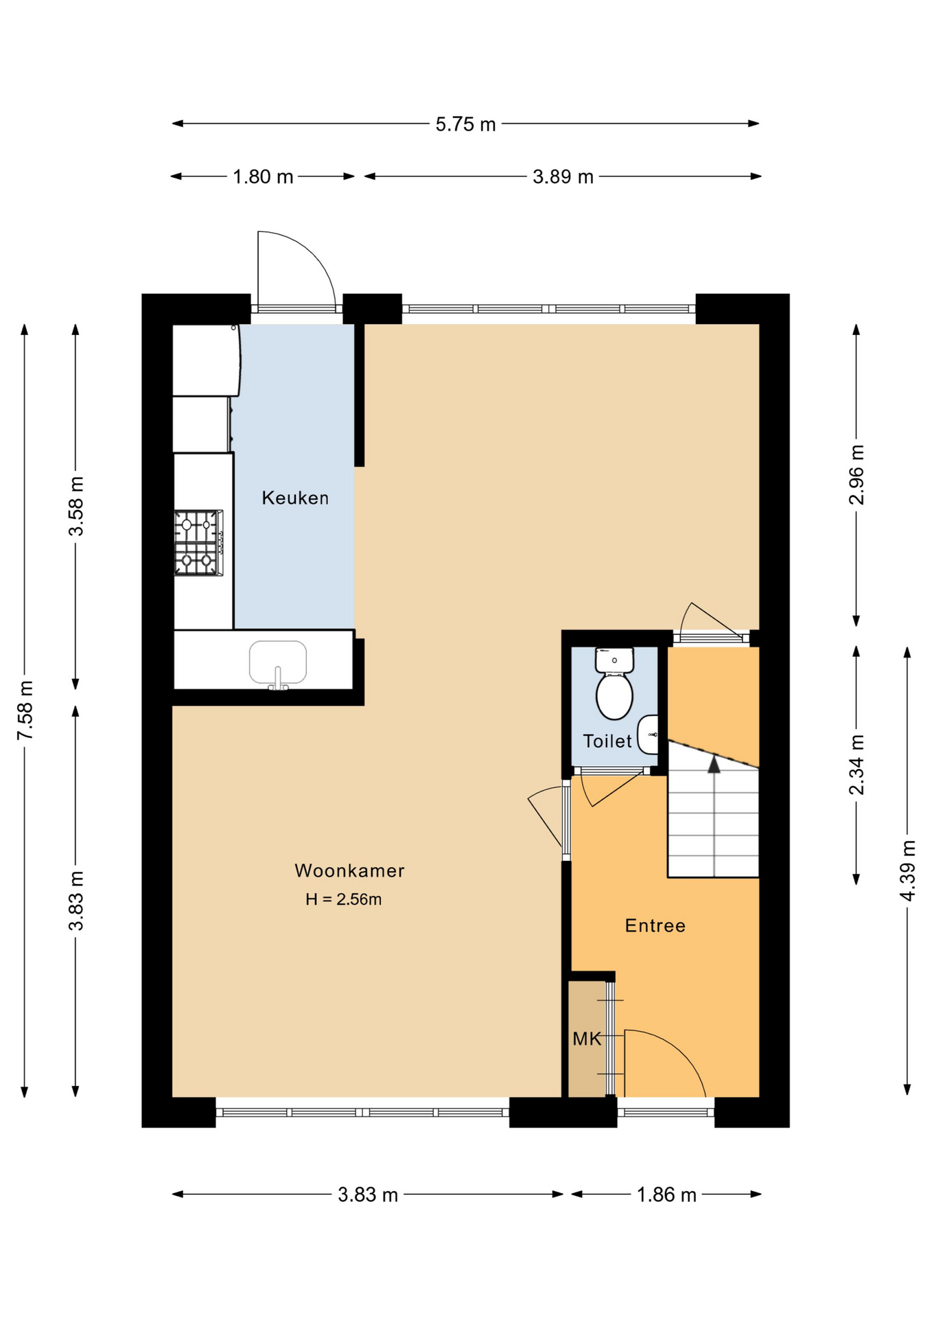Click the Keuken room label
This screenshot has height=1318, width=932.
(295, 498)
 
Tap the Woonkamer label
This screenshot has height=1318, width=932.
(349, 870)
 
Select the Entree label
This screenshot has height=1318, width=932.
(655, 925)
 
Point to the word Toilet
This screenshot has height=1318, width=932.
(607, 741)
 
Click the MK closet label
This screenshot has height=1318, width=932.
(587, 1039)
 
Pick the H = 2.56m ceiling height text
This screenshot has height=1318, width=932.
(343, 899)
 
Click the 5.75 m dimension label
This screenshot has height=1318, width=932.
(465, 124)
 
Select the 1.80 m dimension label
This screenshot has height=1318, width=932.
(263, 176)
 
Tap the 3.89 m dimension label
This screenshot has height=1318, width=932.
(563, 176)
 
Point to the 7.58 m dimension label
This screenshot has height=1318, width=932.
(25, 710)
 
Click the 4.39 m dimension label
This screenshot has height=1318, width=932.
(907, 870)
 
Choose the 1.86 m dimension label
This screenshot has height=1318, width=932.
(666, 1195)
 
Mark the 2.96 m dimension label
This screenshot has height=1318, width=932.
(857, 475)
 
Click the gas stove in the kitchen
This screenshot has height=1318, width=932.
(198, 542)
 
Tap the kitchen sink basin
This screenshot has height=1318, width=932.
(278, 663)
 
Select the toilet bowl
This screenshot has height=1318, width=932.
(614, 695)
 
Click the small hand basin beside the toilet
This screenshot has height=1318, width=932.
(648, 735)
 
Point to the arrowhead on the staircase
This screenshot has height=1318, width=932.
(714, 764)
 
